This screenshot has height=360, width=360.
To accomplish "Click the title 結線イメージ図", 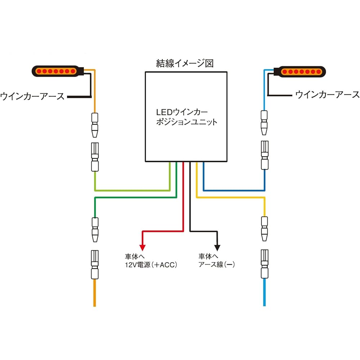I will point(185,64).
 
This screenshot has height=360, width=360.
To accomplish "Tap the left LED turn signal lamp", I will point(58,71).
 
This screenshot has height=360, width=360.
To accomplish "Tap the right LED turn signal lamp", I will point(302,71).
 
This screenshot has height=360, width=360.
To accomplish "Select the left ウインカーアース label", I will point(32,96).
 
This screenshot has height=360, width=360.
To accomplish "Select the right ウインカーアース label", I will point(327,94).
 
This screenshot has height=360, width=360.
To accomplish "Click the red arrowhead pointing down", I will point(143,247).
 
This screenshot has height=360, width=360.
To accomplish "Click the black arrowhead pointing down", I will point(217,247).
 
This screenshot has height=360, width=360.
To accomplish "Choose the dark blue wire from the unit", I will point(234,190).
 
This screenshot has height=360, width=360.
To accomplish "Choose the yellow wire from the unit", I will point(230,197).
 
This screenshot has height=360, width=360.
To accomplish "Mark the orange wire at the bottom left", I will point(95,293).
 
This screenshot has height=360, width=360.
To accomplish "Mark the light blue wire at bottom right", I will point(265,293).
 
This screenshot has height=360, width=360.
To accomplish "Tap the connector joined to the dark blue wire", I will point(265,155).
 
